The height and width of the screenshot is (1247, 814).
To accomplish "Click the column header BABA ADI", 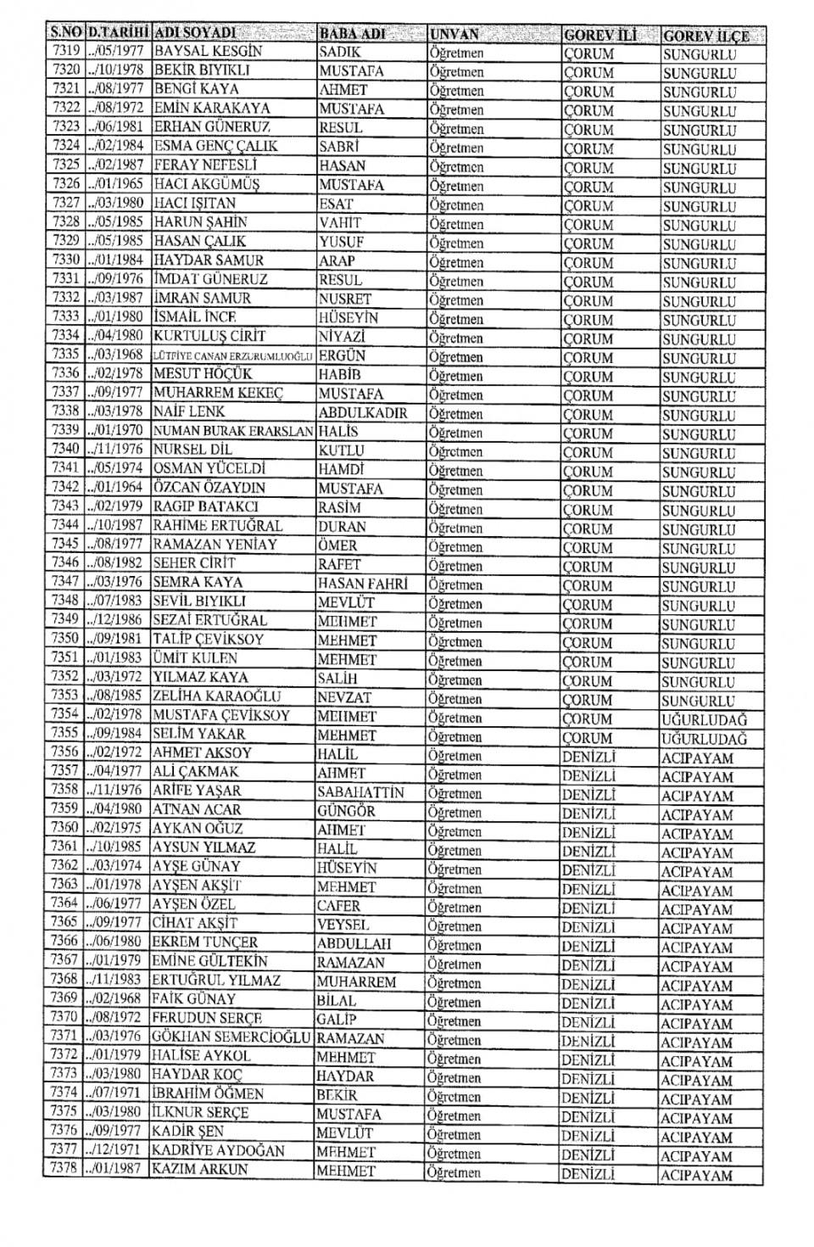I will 352,34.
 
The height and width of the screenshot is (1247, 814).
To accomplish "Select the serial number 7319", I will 65,51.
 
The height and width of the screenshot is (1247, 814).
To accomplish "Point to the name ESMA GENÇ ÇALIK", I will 216,146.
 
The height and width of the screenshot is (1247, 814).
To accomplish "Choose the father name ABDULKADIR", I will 363,413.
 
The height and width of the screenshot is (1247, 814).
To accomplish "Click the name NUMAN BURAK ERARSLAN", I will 233,431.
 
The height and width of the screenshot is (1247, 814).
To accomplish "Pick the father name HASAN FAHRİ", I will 362,584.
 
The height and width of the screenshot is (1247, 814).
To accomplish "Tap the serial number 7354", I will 64,714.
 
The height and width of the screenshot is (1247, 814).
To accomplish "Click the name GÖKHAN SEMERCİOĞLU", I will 231,1037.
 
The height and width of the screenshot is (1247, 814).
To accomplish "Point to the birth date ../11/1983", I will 114,980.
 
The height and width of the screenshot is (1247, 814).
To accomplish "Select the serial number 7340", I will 65,450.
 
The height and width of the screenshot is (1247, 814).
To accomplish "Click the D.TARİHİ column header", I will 119,33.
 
